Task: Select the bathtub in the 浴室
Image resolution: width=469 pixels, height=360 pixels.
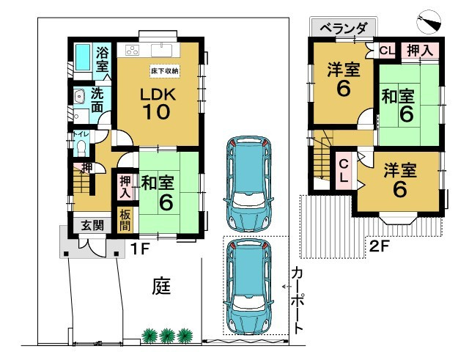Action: pos(83,58)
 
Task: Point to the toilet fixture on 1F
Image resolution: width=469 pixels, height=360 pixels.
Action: pos(81,147)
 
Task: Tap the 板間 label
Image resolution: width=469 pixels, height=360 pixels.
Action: pos(125,219)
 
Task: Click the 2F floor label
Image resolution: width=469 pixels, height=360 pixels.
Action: pos(380,246)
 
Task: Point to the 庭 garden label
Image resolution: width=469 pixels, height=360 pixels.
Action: pos(162,284)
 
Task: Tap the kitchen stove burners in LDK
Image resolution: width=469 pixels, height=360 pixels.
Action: pos(133,51)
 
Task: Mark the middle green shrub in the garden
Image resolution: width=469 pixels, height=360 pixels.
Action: pos(167,335)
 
